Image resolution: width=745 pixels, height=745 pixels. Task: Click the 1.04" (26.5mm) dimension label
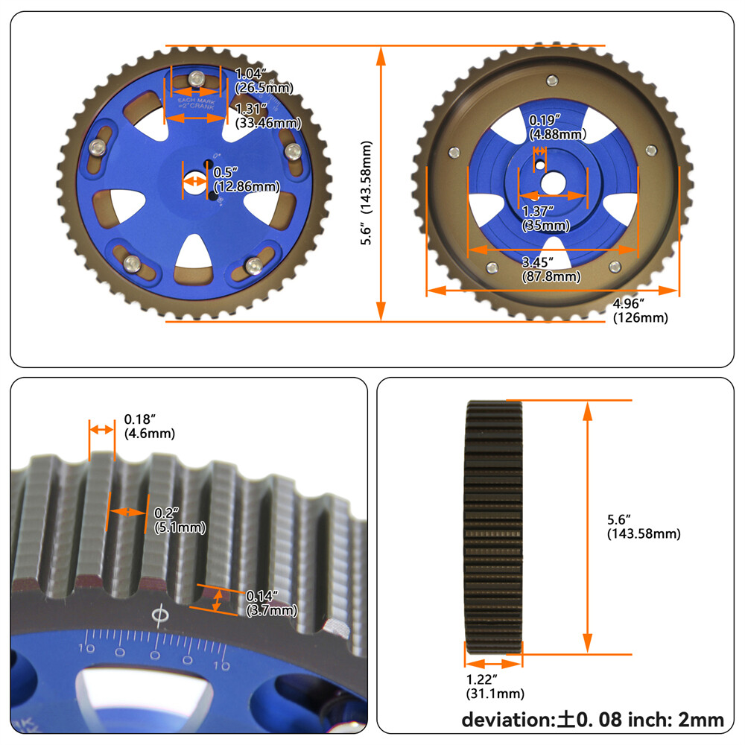coord(263,80)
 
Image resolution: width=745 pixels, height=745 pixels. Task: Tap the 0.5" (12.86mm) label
coord(246,181)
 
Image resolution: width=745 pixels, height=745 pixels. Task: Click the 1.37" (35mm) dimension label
coord(546,218)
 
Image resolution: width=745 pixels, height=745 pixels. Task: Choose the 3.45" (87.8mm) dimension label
coord(550,270)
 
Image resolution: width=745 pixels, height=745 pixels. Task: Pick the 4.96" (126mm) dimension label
coord(640,310)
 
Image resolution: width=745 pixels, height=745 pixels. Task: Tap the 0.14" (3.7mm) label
coord(271,603)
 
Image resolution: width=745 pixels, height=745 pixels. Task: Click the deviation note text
coord(592,720)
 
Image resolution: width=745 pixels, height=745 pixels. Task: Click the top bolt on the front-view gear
coord(197,80)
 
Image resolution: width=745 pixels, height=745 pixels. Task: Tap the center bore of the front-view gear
coord(195,181)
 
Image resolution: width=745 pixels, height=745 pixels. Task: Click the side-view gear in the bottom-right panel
coord(493,527)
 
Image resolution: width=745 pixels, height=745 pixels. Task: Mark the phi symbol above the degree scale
coord(158,615)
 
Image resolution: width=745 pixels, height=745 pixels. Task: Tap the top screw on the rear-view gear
coord(552,80)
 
